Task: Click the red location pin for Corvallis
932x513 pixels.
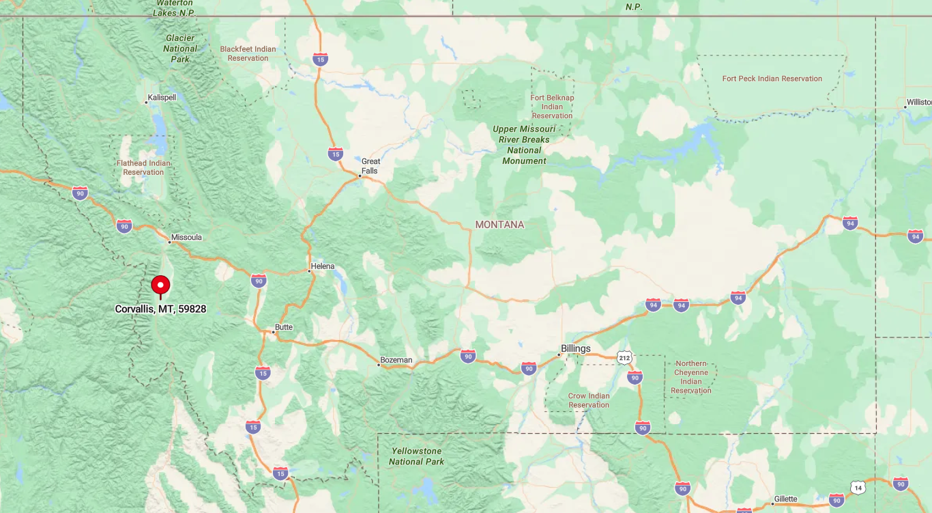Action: click(x=160, y=286)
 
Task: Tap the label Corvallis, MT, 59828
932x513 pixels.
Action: click(x=160, y=309)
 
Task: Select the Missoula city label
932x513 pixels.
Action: click(x=186, y=238)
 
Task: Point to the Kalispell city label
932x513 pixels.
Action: click(x=162, y=98)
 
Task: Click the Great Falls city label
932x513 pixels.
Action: click(x=370, y=166)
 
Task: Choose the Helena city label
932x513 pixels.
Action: click(x=323, y=266)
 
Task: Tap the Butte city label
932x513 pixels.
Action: click(x=284, y=327)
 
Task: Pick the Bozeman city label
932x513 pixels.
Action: click(x=396, y=360)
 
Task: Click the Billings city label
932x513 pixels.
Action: click(x=575, y=349)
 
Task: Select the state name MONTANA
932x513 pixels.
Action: click(x=499, y=225)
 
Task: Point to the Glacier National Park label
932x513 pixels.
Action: click(x=180, y=48)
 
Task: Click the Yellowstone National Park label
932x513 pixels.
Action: click(x=416, y=456)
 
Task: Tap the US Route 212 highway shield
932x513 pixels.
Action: click(x=624, y=358)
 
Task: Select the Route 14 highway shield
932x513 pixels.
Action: click(x=858, y=487)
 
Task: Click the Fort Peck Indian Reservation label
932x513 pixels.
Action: click(x=772, y=79)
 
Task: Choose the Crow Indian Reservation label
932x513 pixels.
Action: click(x=589, y=400)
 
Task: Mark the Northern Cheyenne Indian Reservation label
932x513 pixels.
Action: click(x=691, y=377)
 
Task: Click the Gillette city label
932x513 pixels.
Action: click(x=785, y=499)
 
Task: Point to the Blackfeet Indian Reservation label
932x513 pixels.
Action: click(x=248, y=53)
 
